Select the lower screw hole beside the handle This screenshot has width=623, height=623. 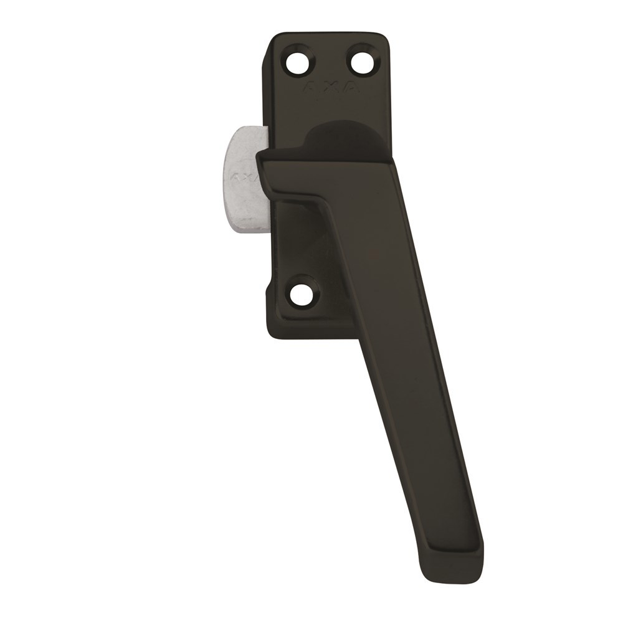point(303,292)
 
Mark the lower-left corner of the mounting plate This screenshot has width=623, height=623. point(272,334)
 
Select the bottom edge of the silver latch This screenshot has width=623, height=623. point(246,232)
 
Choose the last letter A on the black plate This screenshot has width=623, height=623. point(353,89)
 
